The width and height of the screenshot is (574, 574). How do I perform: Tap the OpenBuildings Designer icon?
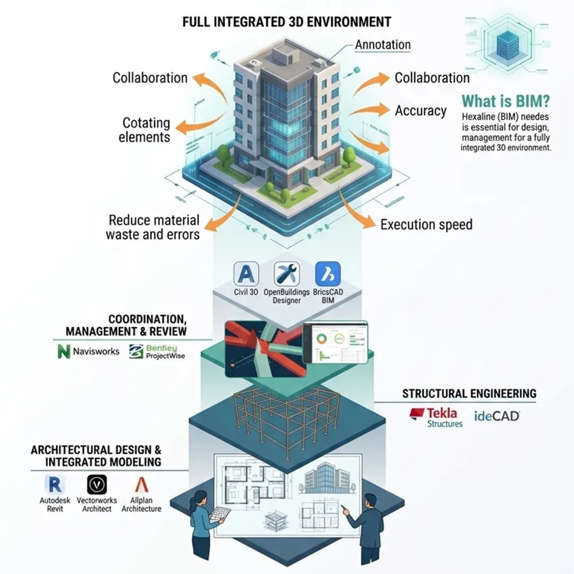click(287, 274)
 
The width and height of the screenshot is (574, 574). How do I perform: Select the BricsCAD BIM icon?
click(328, 274)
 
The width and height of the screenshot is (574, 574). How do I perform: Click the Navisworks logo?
click(64, 351)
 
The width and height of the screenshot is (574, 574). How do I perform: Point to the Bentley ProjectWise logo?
click(137, 351)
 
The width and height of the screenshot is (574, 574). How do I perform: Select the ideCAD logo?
click(496, 416)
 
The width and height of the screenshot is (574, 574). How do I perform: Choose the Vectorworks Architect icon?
click(97, 484)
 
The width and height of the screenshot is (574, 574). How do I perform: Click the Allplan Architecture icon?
click(141, 484)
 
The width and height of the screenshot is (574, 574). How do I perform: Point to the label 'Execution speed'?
click(426, 224)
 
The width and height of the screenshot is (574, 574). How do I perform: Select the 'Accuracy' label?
click(420, 111)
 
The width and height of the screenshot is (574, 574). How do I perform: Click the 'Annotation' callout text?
click(383, 45)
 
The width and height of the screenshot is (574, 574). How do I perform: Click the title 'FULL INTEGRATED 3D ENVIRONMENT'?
click(287, 22)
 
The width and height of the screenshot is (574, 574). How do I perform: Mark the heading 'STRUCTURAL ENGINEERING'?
click(469, 394)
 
